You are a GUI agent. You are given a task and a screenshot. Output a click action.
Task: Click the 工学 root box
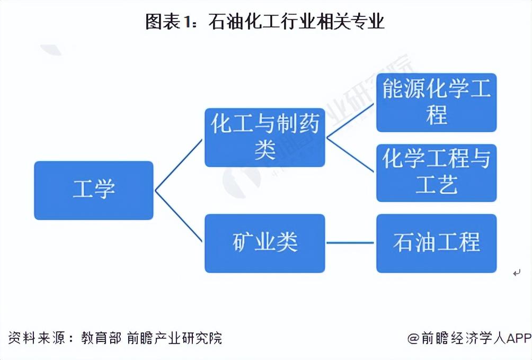94,191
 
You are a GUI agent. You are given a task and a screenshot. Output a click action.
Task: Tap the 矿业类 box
264,243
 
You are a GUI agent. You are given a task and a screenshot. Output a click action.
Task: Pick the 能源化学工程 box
436,103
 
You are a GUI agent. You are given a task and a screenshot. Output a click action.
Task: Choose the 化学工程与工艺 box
436,173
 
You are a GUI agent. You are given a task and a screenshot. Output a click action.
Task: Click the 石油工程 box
436,243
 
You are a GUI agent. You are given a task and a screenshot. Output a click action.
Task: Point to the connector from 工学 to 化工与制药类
179,165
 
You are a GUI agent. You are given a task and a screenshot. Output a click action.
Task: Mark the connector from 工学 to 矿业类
179,217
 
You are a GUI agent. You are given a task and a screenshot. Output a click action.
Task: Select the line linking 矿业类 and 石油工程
350,243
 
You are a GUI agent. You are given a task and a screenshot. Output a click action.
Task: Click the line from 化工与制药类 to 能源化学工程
351,120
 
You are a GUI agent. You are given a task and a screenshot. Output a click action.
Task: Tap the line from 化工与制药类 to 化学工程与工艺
351,155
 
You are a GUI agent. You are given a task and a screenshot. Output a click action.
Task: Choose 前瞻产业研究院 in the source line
174,338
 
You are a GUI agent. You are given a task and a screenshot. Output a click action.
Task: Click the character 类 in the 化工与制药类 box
264,151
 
